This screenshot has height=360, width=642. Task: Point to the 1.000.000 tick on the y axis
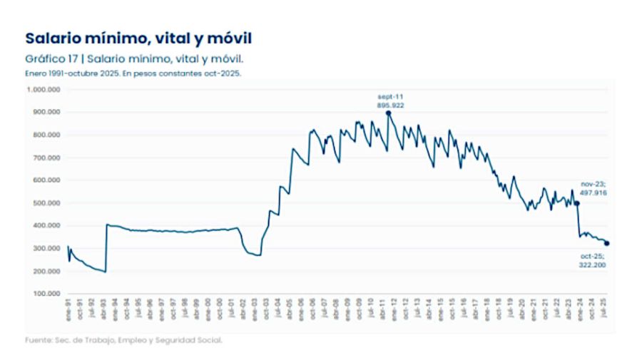click(43, 89)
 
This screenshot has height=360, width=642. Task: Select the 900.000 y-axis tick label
click(45, 112)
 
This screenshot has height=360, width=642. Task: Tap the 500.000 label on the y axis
click(45, 203)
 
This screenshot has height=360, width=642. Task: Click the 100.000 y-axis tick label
click(45, 294)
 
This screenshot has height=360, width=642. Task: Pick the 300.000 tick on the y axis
click(45, 248)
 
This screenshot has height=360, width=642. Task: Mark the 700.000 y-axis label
click(45, 158)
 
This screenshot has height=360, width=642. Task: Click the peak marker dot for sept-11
click(389, 113)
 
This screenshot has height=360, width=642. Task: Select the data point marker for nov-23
click(577, 203)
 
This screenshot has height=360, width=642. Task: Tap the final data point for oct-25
click(607, 243)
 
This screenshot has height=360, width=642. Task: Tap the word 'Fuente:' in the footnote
click(37, 340)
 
